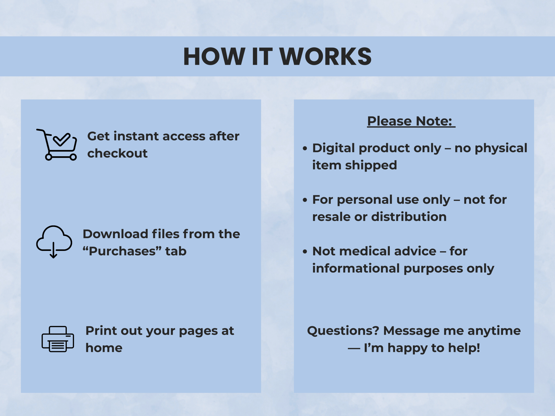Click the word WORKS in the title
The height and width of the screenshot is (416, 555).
pyautogui.click(x=325, y=57)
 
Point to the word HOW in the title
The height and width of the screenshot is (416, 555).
pyautogui.click(x=214, y=57)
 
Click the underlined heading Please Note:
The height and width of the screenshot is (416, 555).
pyautogui.click(x=411, y=121)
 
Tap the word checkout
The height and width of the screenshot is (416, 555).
pyautogui.click(x=117, y=153)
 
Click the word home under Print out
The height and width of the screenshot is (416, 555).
pyautogui.click(x=104, y=348)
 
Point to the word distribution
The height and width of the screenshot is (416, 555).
pyautogui.click(x=409, y=217)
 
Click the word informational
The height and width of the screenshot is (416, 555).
pyautogui.click(x=356, y=268)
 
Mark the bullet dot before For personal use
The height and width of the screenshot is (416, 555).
pyautogui.click(x=305, y=200)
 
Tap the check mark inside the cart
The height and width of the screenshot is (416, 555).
pyautogui.click(x=62, y=139)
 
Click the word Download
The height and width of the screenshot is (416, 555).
pyautogui.click(x=115, y=234)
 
